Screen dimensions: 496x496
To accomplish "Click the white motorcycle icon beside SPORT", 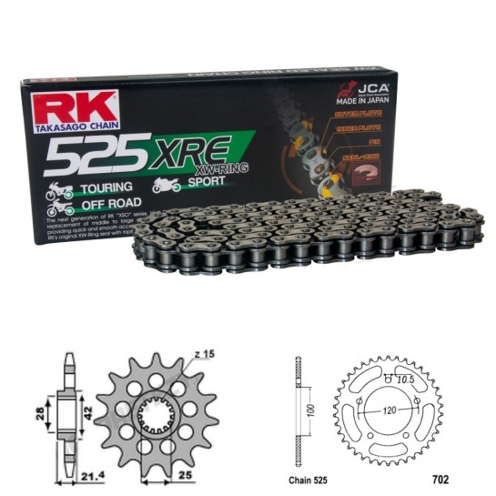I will [167, 186].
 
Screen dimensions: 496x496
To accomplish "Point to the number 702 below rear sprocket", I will [443, 474].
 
